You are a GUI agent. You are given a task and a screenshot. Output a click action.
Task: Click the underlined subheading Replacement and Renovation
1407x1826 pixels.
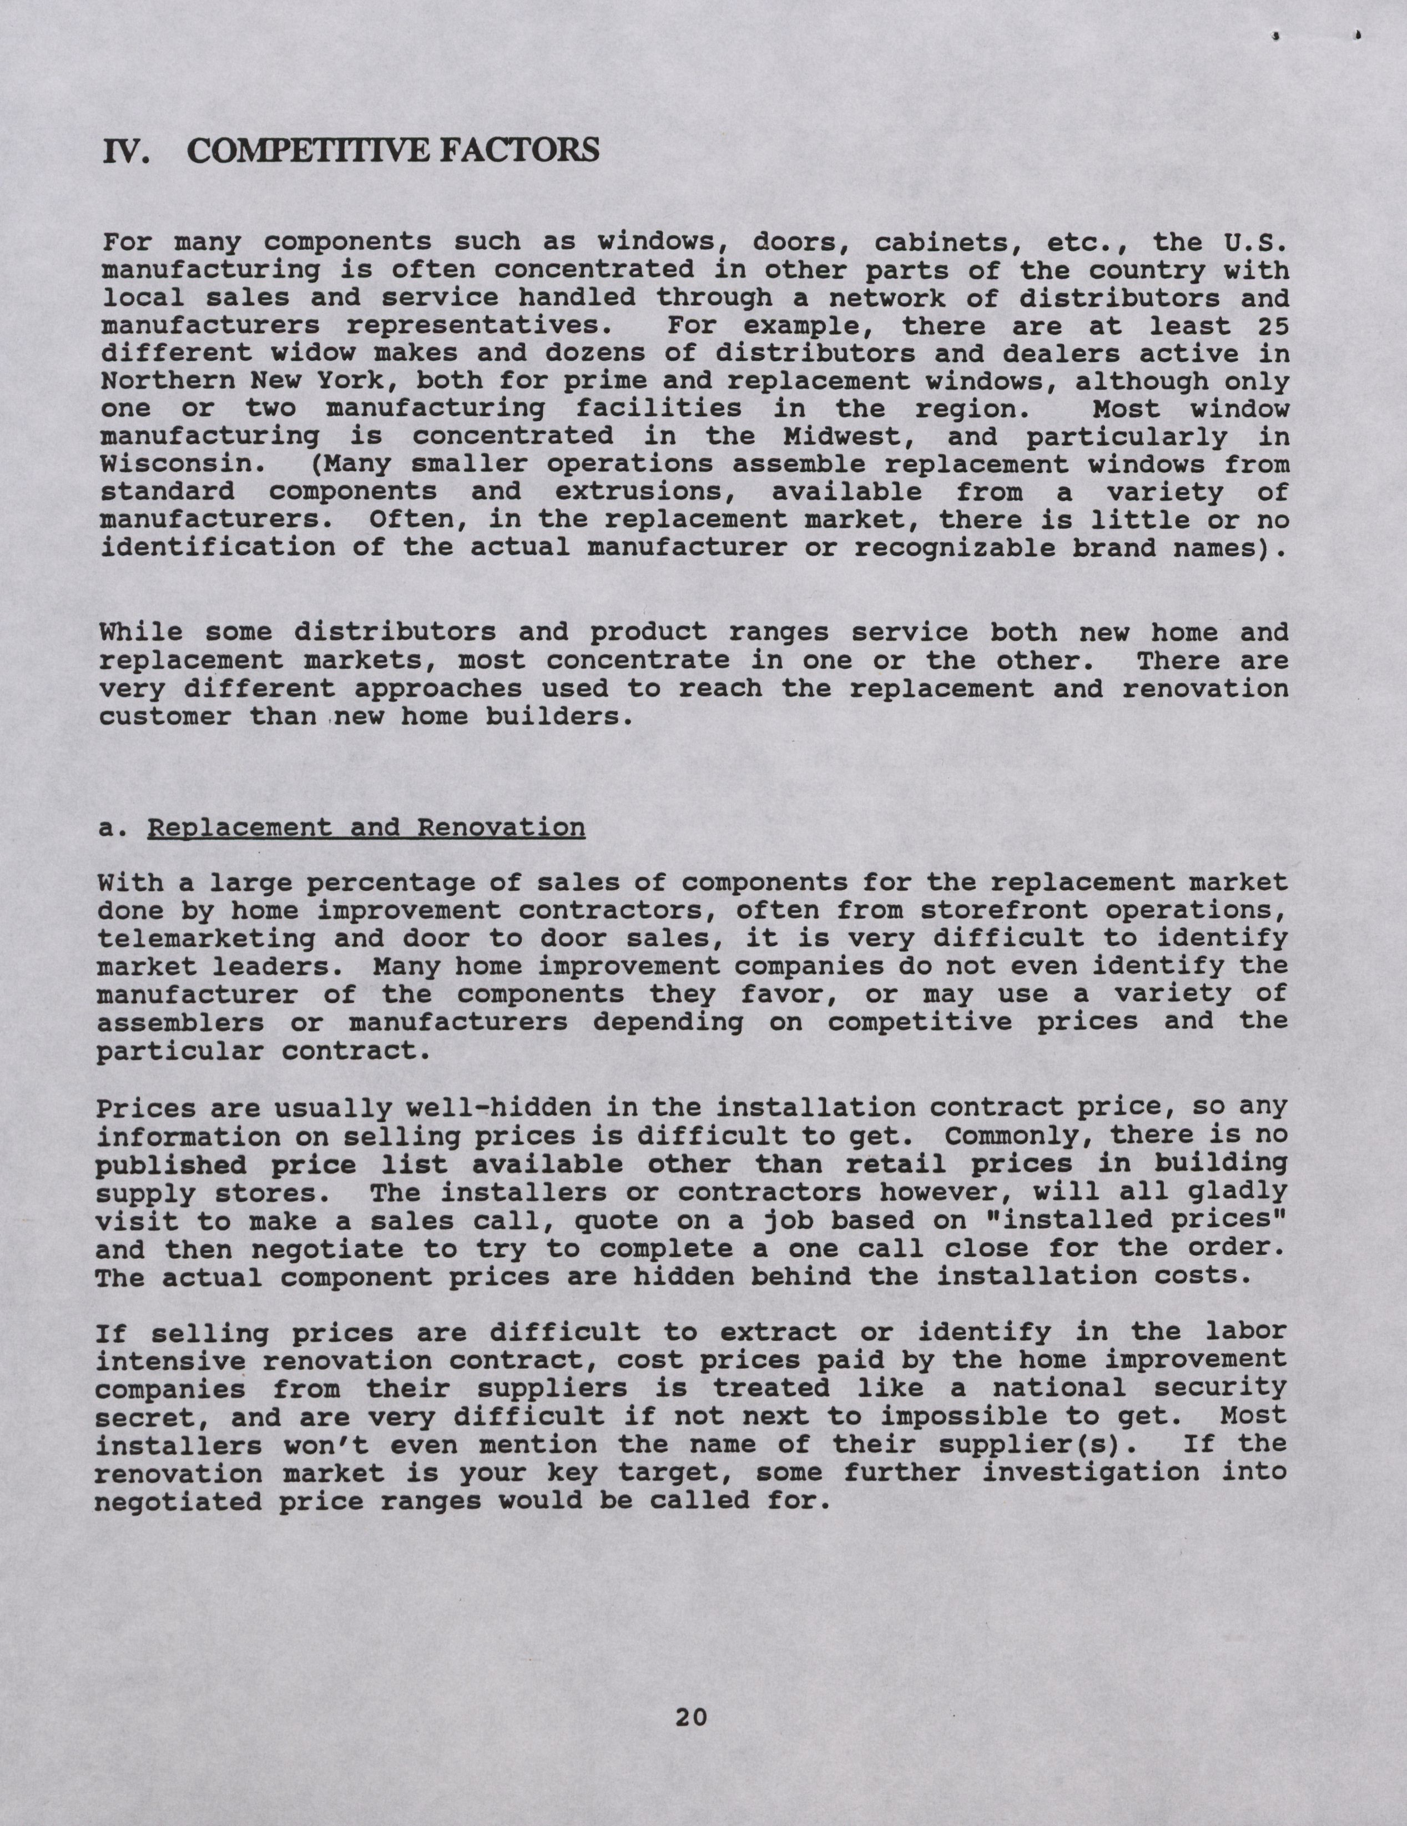[365, 828]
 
